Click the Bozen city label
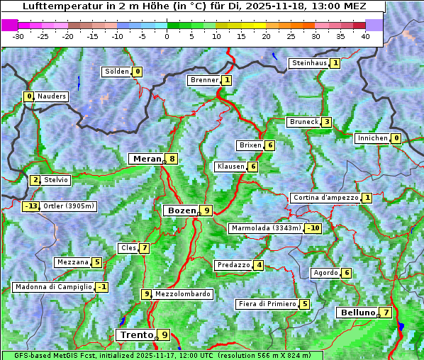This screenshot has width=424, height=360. pos(180,210)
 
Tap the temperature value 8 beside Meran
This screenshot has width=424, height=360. pos(172,159)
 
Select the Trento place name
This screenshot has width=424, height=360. pos(136,334)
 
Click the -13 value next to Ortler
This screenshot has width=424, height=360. pos(31,206)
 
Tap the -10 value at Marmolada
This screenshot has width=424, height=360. pos(313,228)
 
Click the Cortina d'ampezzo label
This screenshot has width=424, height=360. pos(325,198)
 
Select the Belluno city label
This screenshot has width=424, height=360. pos(357,313)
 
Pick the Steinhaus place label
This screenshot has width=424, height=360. pos(309,63)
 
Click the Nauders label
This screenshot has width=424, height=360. pos(52,96)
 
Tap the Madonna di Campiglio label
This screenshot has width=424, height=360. pos(53,287)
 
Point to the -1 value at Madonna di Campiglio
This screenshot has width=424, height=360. pos(102,287)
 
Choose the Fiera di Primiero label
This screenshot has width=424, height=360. pos(267,304)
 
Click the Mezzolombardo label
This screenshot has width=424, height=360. pos(182,294)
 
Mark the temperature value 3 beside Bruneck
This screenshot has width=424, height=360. pos(325,122)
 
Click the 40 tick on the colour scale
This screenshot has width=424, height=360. pos(364,35)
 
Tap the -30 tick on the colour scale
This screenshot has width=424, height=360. pos(18,35)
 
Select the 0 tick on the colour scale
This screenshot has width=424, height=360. pos(167,35)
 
